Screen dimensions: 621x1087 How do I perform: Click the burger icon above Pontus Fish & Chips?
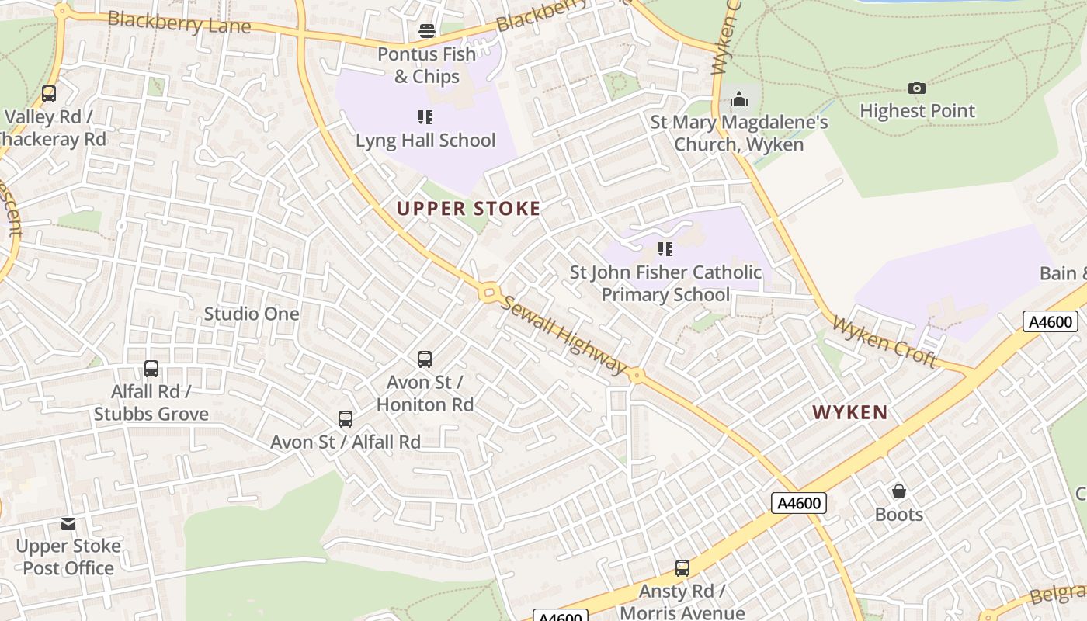point(426,31)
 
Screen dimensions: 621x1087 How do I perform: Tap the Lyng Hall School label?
point(425,141)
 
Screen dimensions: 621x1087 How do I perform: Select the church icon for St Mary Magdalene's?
point(738,99)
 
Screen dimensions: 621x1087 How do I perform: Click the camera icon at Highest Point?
point(917,88)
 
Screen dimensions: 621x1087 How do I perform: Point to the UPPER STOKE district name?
point(468,208)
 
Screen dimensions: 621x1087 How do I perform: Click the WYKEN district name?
point(850,412)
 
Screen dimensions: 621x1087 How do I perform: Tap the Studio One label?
point(251,314)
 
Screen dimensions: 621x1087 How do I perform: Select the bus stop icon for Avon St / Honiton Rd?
point(425,359)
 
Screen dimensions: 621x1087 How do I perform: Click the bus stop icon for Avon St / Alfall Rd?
point(346,419)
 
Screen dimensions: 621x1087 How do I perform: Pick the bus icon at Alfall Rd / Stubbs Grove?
point(151,369)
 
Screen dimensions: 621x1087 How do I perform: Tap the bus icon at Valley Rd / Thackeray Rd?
point(49,94)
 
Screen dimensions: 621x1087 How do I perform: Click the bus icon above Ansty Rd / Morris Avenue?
point(682,568)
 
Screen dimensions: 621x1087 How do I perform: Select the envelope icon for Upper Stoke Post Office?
point(68,524)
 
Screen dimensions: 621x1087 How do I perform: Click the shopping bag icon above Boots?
point(898,491)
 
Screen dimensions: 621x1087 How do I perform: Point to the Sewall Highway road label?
point(562,335)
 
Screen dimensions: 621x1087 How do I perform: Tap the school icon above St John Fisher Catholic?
point(665,249)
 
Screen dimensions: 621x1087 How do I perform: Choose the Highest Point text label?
point(917,111)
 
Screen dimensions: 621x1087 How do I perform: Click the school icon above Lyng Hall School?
point(425,117)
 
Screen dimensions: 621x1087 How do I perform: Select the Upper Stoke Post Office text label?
point(68,557)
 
